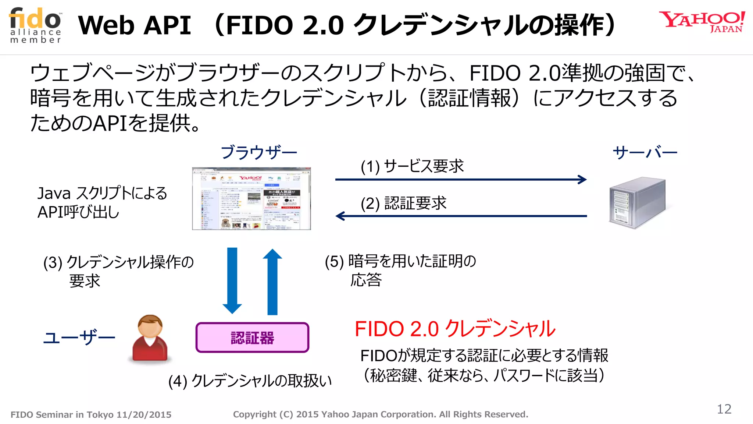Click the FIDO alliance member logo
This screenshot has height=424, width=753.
tap(36, 25)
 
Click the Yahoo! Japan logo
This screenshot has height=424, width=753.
tap(702, 22)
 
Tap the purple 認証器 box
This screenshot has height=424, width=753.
tap(252, 338)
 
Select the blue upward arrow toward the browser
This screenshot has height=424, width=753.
tap(272, 282)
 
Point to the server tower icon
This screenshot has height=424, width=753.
tap(637, 202)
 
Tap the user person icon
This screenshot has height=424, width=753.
tap(150, 339)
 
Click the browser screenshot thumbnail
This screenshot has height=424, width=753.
tap(251, 199)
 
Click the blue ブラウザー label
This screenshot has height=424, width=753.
tap(259, 152)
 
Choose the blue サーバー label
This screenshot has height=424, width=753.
tap(645, 152)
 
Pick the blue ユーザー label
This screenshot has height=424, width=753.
tap(79, 337)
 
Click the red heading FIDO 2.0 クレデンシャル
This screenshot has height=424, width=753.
tap(455, 329)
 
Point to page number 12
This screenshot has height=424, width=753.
tap(724, 409)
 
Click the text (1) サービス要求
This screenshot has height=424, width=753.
tap(412, 166)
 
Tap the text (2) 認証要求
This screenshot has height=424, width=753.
tap(403, 203)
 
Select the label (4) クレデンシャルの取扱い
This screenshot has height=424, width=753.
tap(250, 381)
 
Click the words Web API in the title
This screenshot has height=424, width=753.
tap(135, 25)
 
